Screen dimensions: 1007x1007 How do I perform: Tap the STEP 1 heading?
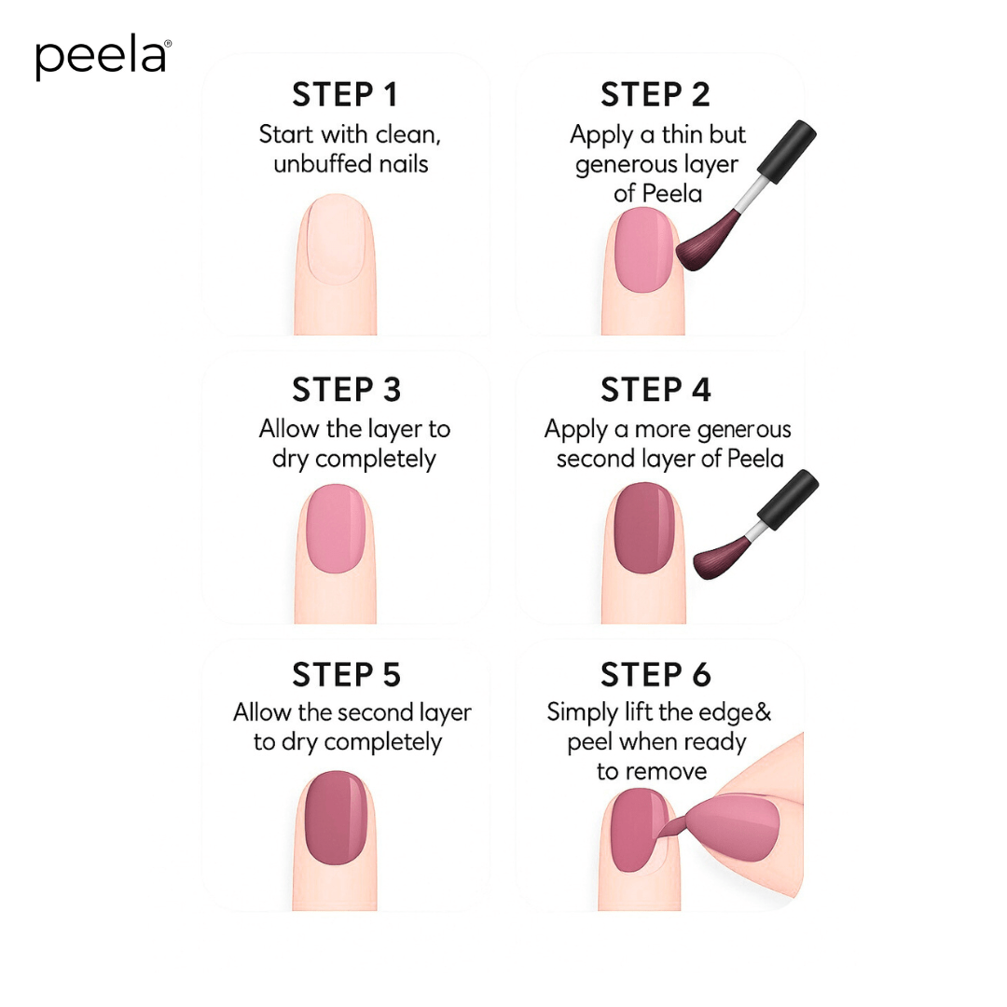tap(345, 95)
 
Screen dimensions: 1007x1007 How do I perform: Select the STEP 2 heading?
tap(655, 95)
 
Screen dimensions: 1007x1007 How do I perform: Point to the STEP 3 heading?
tap(346, 390)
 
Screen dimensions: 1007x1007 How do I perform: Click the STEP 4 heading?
tap(655, 390)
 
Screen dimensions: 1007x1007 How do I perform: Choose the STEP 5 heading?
tap(346, 674)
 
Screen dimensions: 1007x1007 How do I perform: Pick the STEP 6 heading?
tap(655, 674)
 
